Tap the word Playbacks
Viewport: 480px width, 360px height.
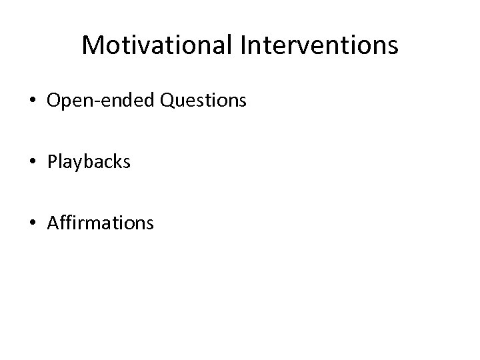89,162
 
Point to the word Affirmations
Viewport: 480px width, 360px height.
100,222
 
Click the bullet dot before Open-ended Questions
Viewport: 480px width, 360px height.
32,102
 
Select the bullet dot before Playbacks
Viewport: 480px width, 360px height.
32,162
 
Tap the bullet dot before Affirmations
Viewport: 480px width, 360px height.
32,222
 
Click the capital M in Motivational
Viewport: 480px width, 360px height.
92,45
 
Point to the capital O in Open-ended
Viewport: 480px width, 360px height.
55,101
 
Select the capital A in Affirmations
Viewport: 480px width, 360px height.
53,222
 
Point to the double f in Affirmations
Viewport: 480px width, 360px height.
65,222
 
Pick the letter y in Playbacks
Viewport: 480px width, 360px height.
71,164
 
